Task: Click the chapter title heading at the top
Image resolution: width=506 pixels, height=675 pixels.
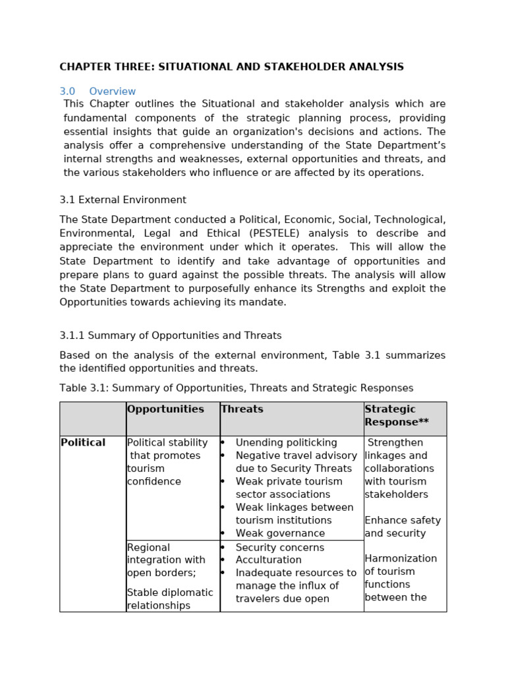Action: (231, 67)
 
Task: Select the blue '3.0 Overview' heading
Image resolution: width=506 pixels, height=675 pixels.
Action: (98, 92)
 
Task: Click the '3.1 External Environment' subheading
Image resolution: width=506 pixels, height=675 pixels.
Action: (123, 200)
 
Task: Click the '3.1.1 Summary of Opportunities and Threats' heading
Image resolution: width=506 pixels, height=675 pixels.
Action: (170, 336)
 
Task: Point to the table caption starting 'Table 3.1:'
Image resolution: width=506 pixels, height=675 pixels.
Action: (236, 388)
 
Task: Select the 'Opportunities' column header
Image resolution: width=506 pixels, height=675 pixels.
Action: (165, 409)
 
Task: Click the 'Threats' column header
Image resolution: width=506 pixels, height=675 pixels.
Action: (242, 409)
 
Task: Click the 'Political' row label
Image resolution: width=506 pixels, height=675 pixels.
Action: (83, 443)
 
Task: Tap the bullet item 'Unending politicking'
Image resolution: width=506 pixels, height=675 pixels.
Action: (286, 443)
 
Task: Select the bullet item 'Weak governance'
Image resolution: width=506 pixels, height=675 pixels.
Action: (280, 533)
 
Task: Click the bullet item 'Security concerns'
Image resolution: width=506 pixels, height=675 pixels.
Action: (279, 548)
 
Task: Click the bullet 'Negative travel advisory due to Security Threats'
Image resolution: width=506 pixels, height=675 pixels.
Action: (295, 462)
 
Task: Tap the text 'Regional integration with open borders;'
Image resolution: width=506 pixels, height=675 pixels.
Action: (161, 560)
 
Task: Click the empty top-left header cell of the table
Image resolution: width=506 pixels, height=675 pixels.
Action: (93, 419)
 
